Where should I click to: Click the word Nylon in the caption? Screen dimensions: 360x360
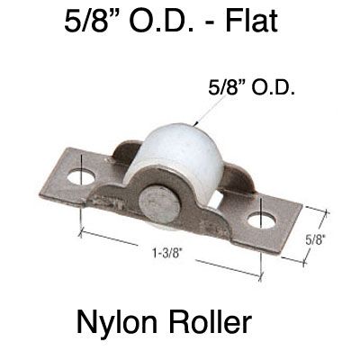pos(120,319)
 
